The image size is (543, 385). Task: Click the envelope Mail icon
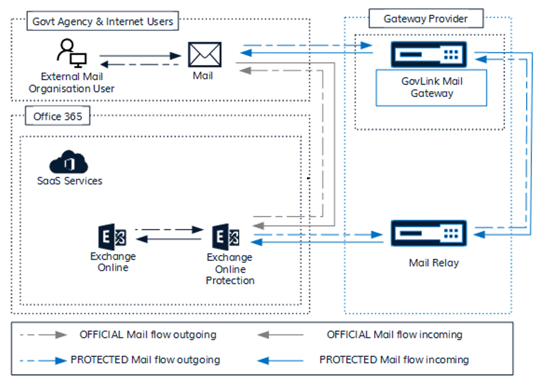point(204,55)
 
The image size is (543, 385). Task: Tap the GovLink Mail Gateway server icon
point(429,55)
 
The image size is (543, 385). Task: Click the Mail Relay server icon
point(429,233)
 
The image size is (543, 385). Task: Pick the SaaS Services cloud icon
point(69,163)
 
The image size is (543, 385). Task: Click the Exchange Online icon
point(113,237)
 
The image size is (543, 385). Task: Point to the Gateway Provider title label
point(426,19)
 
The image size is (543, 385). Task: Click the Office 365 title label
point(57,116)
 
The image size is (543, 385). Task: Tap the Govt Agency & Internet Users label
point(103,22)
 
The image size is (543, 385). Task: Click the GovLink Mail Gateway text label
point(432,88)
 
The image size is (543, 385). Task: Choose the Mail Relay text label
point(434,263)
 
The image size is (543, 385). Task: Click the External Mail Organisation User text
point(71,83)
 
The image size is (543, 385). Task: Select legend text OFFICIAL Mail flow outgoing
point(148,335)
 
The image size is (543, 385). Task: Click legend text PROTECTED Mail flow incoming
point(394,360)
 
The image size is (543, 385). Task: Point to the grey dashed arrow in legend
point(43,335)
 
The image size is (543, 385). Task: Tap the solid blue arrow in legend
point(281,360)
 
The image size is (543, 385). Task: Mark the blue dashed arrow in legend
point(43,360)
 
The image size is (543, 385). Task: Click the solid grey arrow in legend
point(281,335)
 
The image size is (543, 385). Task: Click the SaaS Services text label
point(69,181)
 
